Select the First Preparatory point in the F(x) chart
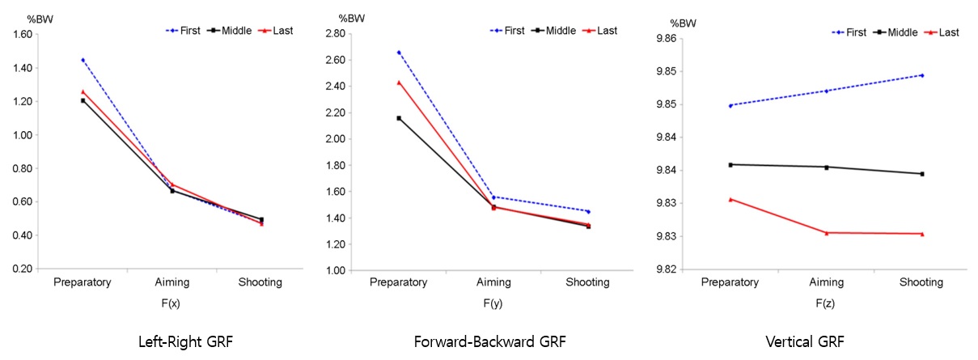[x=83, y=60]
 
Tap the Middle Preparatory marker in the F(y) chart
[x=399, y=118]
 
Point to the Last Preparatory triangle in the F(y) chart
[x=399, y=82]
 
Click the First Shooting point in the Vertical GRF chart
[x=922, y=75]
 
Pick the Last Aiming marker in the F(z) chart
[x=826, y=233]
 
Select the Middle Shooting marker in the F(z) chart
[x=922, y=174]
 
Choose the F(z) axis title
[x=825, y=305]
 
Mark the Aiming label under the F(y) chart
[x=494, y=282]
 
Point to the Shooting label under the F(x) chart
[x=260, y=282]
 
